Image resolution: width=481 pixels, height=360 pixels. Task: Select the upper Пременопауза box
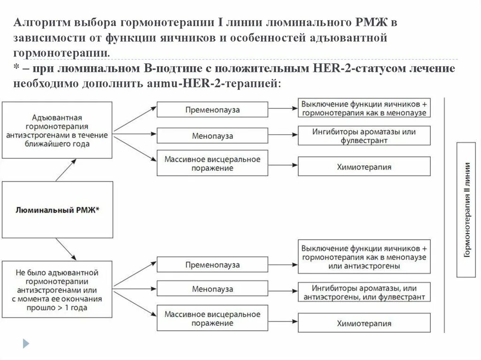pos(212,110)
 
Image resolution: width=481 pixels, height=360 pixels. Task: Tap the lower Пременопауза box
pos(212,265)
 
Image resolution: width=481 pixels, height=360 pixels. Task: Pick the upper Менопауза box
pos(212,136)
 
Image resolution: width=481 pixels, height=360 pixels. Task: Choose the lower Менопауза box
pos(212,289)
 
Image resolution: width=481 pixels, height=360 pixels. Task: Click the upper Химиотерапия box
pos(364,167)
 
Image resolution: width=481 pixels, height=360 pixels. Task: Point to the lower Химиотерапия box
pos(364,323)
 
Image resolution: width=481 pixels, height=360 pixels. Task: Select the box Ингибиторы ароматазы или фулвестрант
pos(364,136)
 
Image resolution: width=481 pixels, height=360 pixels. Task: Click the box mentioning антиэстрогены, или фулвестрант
pos(364,292)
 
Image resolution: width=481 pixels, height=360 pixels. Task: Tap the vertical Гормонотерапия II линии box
pos(468,210)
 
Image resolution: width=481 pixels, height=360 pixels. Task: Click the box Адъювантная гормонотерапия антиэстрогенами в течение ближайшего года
pos(57,130)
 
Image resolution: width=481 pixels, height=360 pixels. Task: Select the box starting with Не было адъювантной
pos(57,290)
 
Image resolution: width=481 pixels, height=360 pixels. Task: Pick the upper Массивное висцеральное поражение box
pos(212,163)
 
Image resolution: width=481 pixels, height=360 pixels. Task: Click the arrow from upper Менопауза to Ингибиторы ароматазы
pos(282,135)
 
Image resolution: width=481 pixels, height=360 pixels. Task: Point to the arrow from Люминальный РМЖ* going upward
pos(66,169)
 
